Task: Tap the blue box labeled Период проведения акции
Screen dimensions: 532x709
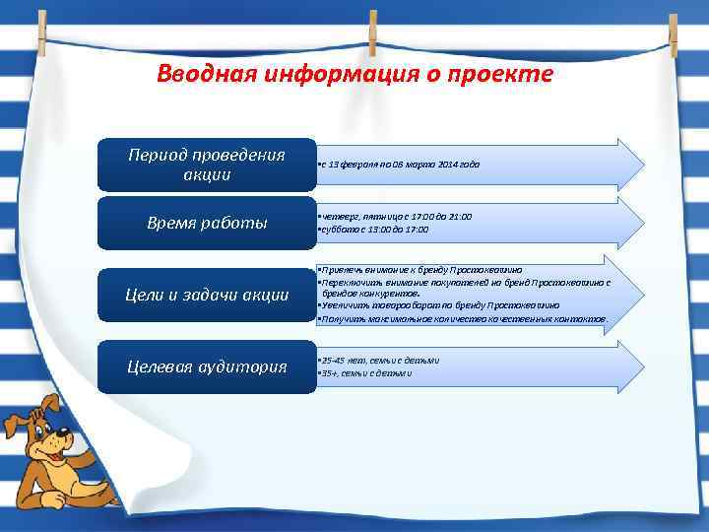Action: click(x=207, y=165)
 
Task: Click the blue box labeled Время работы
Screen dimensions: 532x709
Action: click(x=207, y=223)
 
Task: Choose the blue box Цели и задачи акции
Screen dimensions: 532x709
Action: click(x=207, y=295)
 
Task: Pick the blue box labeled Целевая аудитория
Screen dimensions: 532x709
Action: click(x=207, y=366)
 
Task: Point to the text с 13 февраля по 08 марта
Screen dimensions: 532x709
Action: click(x=399, y=165)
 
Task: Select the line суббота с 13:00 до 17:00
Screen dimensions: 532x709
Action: click(x=373, y=229)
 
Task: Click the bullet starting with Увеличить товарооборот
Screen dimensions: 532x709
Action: click(x=439, y=306)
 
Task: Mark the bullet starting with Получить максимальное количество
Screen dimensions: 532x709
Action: click(x=463, y=319)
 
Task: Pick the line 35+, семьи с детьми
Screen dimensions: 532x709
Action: click(x=365, y=373)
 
